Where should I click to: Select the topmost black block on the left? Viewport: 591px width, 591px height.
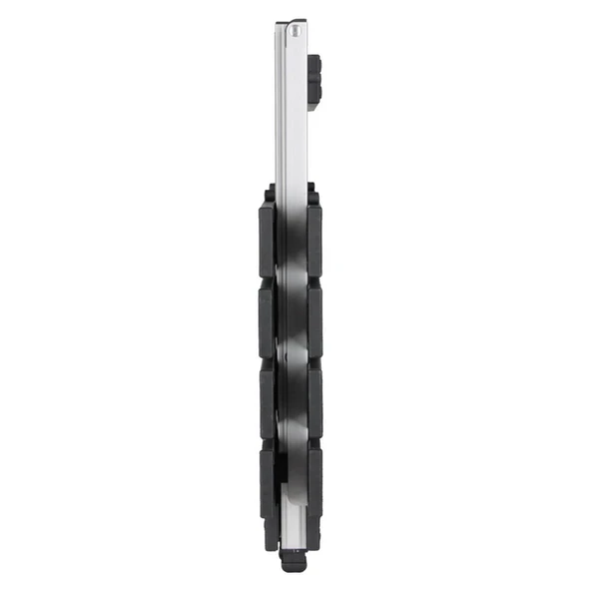(x=268, y=240)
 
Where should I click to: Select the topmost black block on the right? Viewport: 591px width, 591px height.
(x=314, y=240)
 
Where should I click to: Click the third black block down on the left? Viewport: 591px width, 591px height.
(x=268, y=399)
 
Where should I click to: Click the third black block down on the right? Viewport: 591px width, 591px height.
(x=314, y=399)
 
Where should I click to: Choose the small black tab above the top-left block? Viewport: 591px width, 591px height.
(x=270, y=194)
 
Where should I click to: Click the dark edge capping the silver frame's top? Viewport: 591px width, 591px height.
(x=290, y=23)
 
